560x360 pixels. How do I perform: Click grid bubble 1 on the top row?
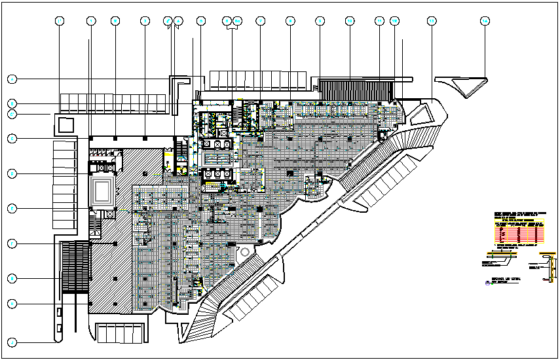[60, 21]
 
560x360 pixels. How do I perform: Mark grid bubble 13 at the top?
[431, 21]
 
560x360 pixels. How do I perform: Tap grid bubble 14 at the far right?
[485, 21]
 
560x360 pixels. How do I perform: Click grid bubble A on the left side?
[12, 79]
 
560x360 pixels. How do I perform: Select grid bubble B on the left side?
[12, 103]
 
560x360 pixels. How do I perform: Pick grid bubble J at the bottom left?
[12, 342]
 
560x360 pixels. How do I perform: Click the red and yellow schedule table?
[519, 231]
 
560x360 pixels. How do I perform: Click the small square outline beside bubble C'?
[65, 124]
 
